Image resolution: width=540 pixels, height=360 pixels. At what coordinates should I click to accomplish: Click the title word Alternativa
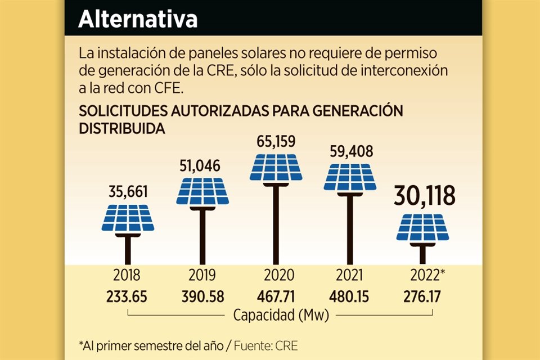138,19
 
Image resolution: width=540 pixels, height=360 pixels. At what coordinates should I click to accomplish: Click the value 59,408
350,151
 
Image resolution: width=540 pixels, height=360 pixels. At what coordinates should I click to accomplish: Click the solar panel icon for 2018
128,218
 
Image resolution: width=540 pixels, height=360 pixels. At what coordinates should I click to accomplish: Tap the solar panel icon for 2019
202,192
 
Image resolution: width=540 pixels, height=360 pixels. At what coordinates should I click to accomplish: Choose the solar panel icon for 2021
350,177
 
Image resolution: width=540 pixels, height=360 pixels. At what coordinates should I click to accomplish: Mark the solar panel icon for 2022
423,228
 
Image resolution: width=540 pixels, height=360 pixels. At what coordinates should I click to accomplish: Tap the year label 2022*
426,276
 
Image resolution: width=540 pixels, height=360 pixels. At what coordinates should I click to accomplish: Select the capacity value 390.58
202,296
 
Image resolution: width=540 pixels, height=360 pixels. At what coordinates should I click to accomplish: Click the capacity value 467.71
276,296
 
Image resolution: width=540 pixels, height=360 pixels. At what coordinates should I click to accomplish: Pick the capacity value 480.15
350,296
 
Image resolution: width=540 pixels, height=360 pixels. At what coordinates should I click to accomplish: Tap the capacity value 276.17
423,296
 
